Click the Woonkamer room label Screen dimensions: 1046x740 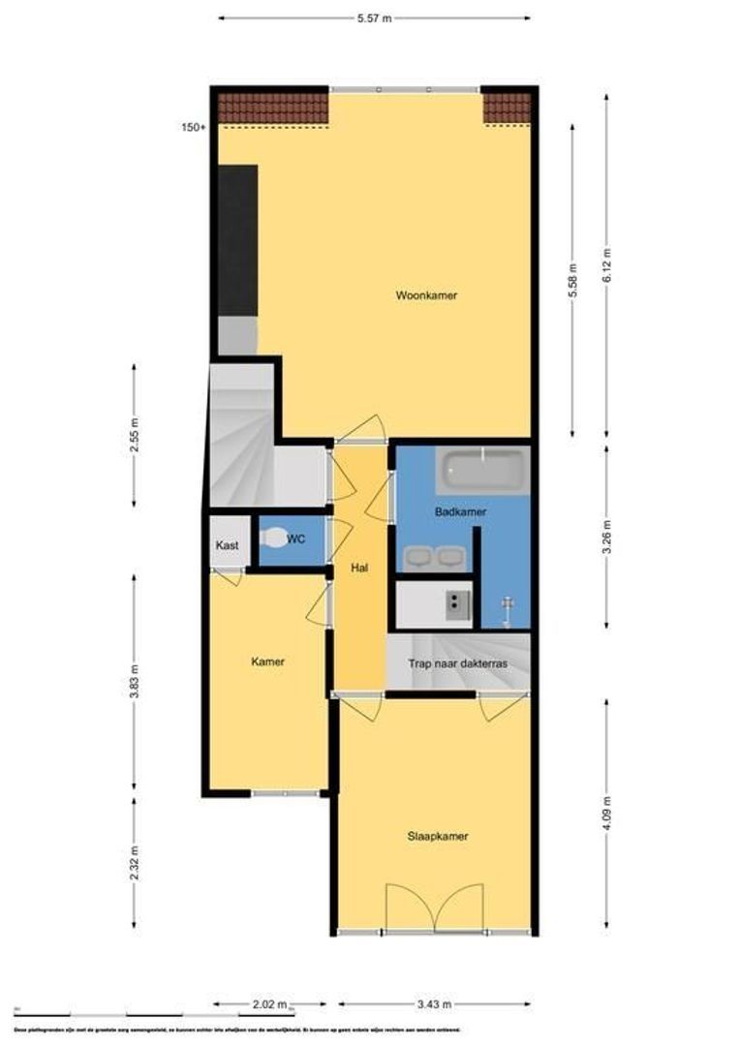[426, 295]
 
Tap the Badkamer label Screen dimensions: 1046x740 [461, 511]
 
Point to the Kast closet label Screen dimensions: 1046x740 [228, 545]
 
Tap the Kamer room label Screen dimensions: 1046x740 [267, 661]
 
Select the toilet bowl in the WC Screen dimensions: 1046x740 [275, 538]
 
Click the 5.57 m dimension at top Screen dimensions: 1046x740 [374, 17]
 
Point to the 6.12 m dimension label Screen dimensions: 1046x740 [607, 263]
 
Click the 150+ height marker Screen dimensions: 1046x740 [193, 127]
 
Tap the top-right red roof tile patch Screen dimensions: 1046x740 [507, 108]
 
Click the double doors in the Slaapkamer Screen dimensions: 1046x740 [434, 908]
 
